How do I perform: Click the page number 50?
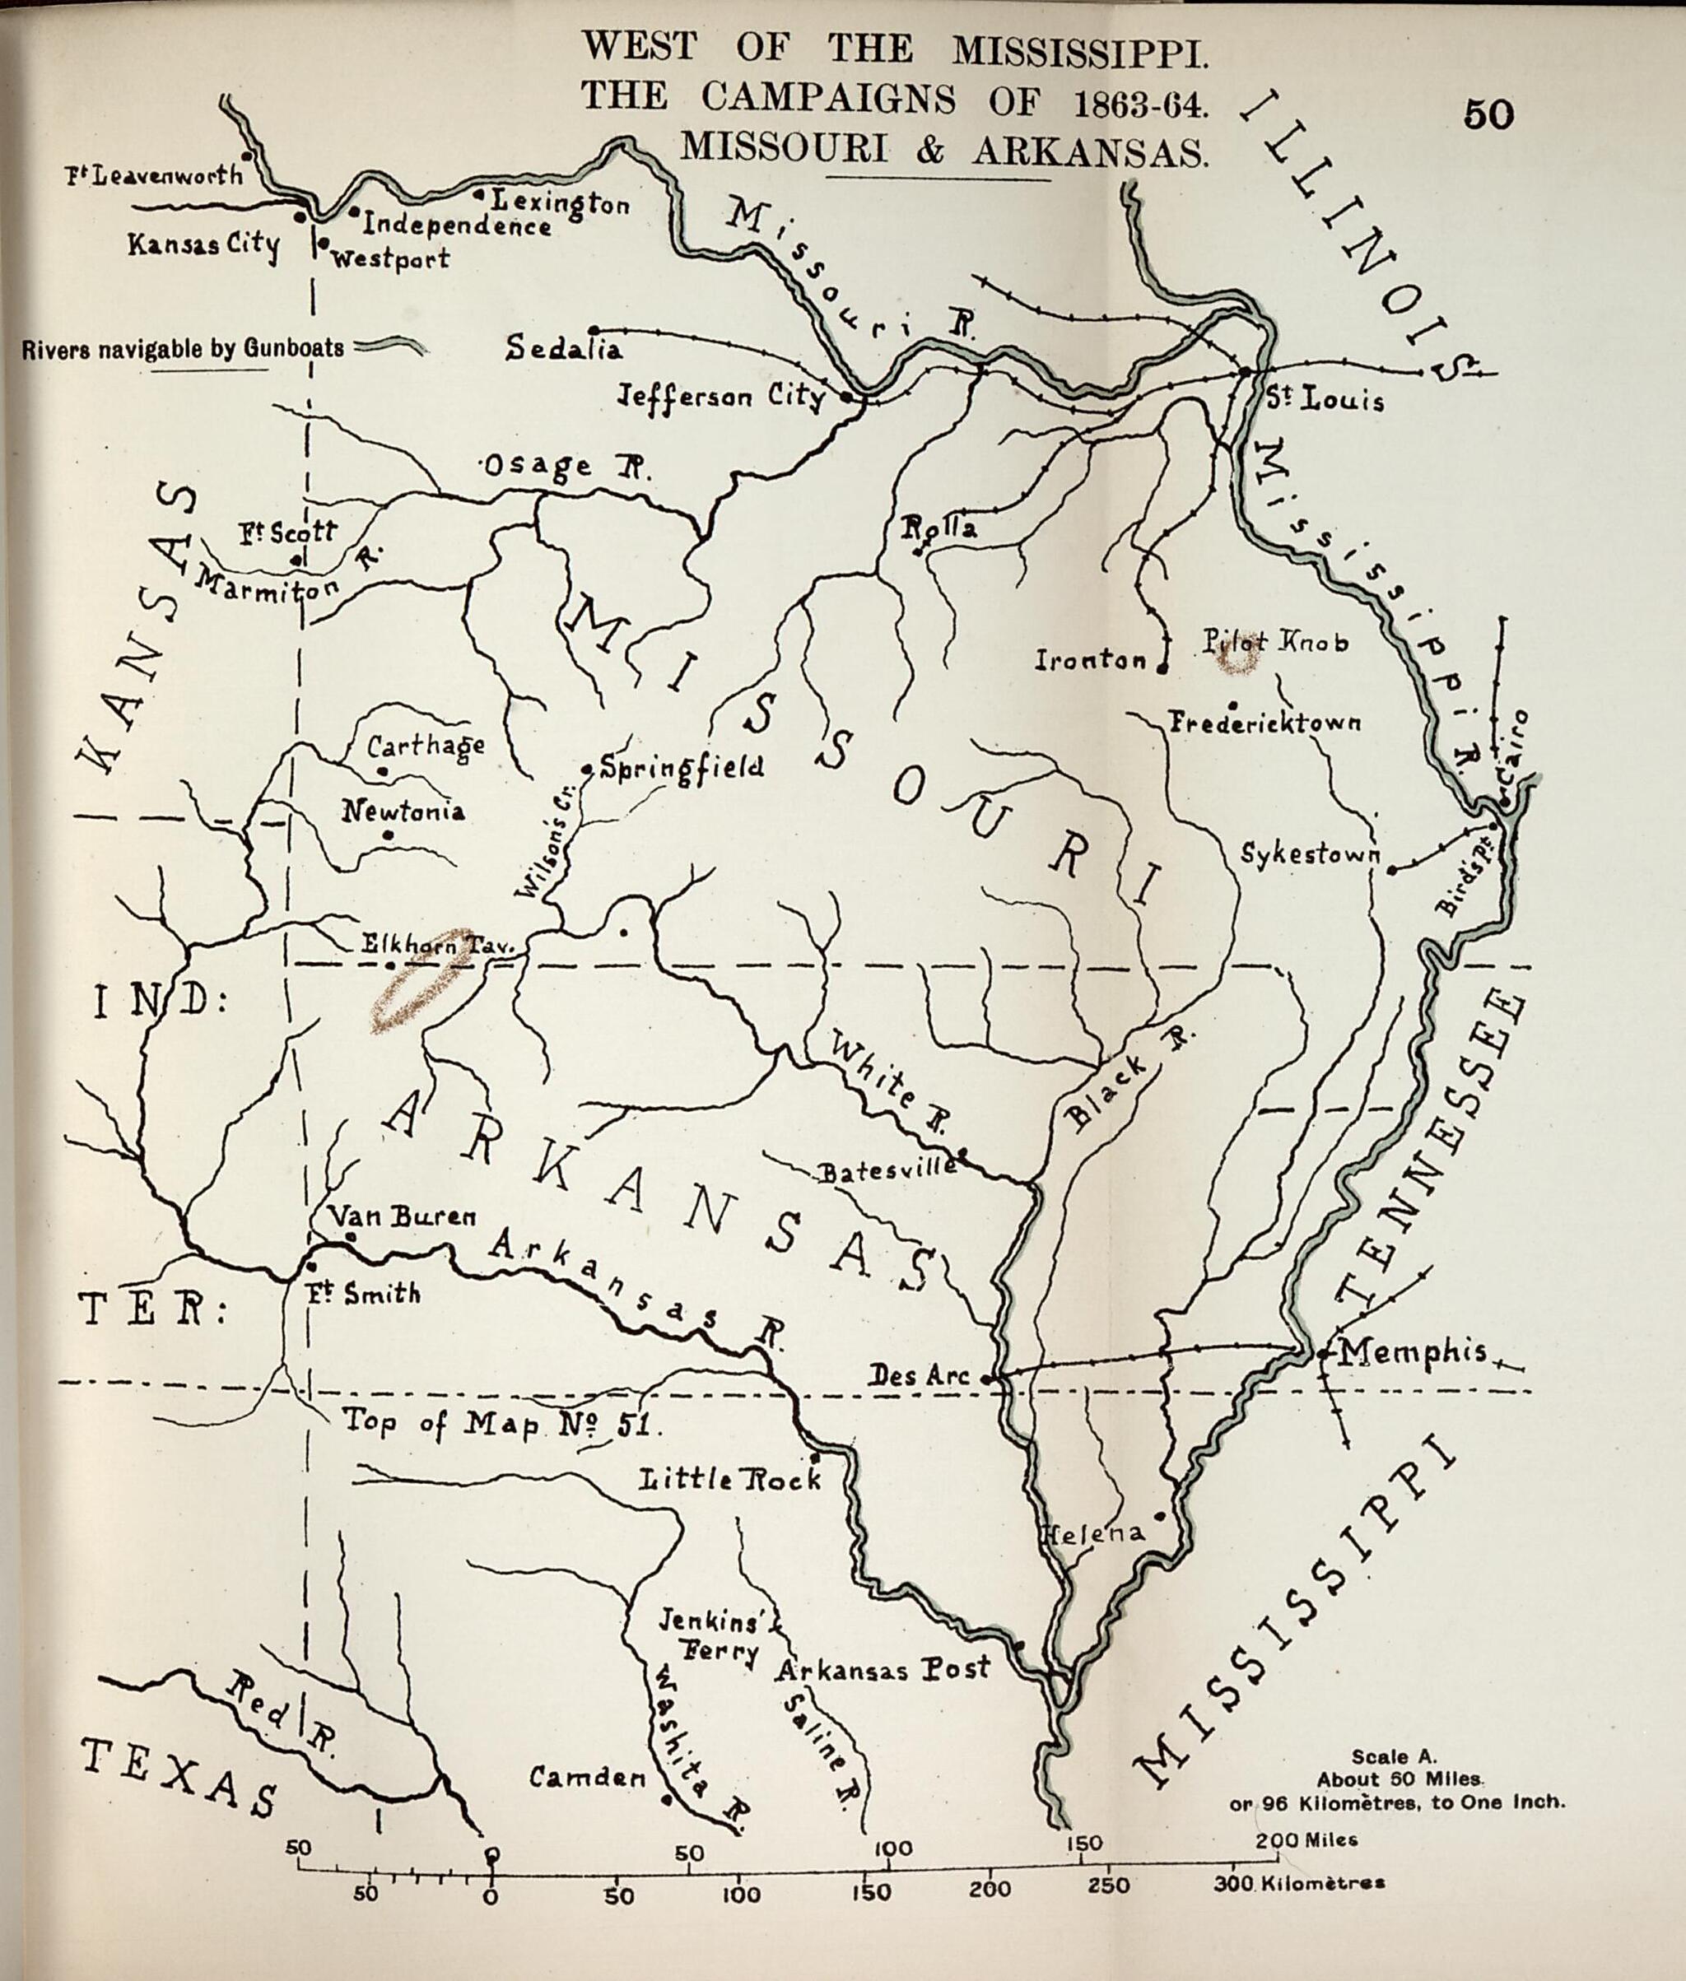[x=1488, y=115]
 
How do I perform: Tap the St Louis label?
[x=1325, y=398]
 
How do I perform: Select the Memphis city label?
[x=1413, y=1351]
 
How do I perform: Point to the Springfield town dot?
[x=588, y=769]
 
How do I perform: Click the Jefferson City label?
[x=722, y=396]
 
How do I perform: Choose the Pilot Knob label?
[x=1275, y=642]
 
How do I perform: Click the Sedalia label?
[x=564, y=348]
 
